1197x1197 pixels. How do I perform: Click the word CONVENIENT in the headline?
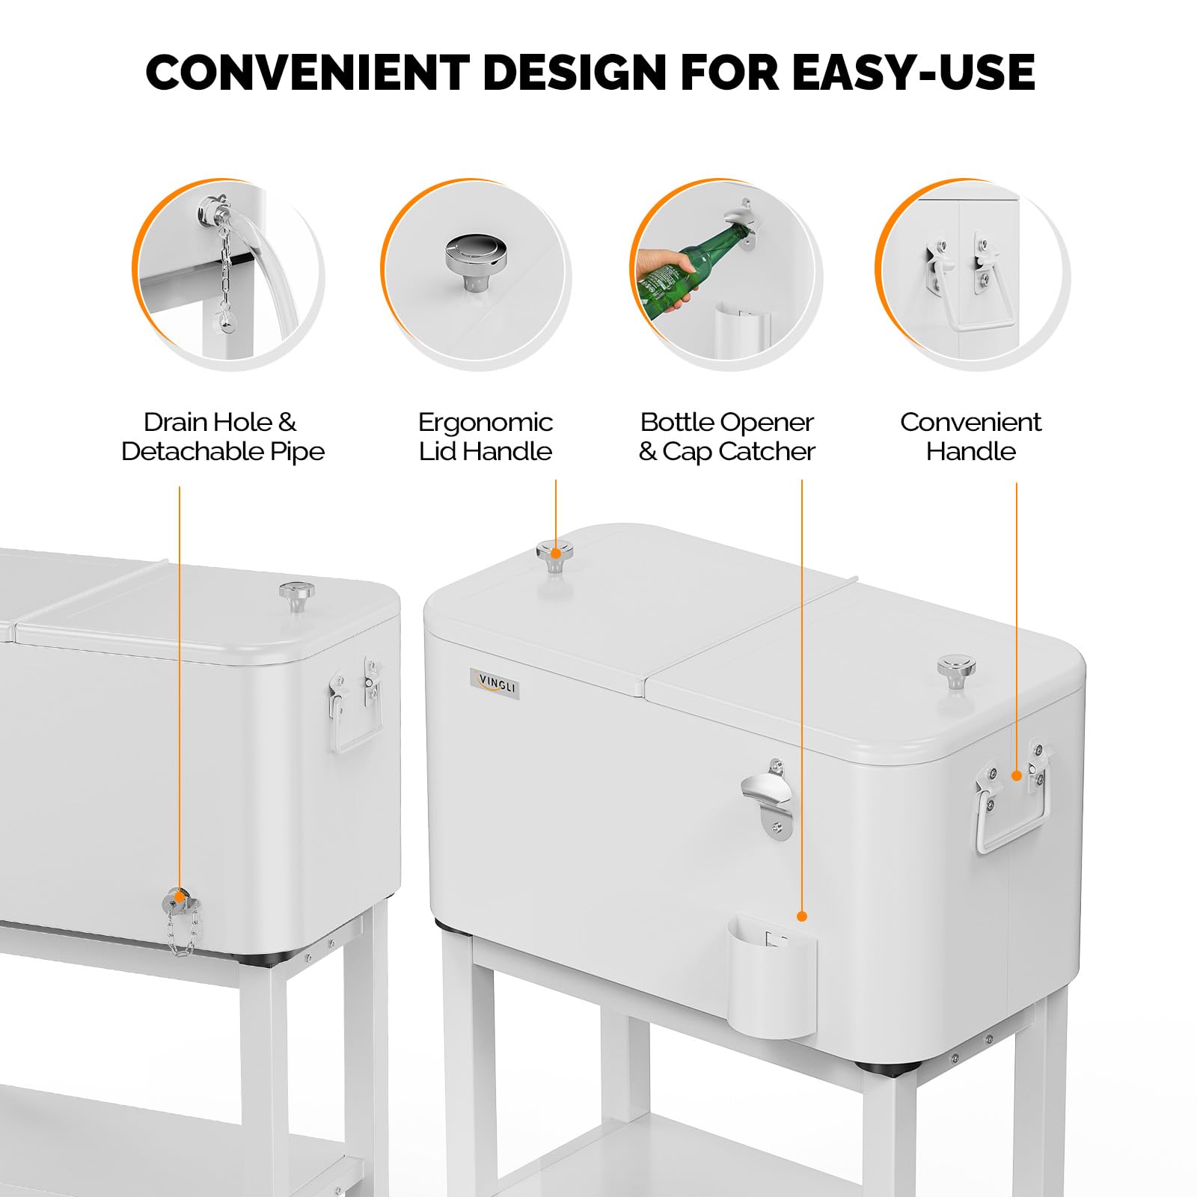coord(307,73)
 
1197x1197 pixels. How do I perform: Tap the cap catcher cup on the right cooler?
coord(772,973)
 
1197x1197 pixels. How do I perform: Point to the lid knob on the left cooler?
coord(297,596)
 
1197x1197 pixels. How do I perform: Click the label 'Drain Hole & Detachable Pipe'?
coord(222,437)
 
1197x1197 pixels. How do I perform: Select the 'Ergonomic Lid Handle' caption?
coord(485,437)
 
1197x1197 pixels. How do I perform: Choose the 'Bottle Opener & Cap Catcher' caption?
coord(726,437)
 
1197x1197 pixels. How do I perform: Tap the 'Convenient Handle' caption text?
coord(970,437)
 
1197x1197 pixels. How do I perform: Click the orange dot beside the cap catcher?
coord(802,916)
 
